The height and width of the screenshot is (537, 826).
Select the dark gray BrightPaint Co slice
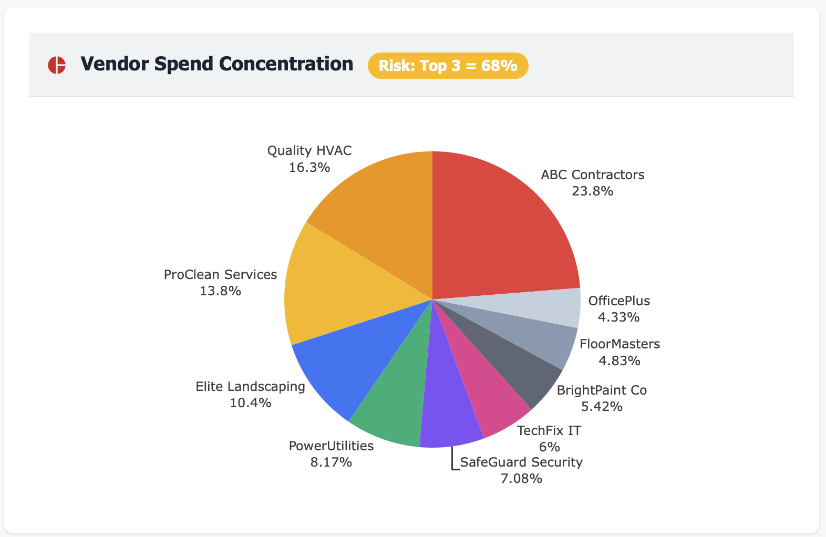(x=520, y=373)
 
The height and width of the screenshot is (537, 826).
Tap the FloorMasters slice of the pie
(x=546, y=342)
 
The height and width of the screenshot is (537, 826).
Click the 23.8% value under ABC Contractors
(x=592, y=191)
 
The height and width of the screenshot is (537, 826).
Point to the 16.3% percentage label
(x=309, y=168)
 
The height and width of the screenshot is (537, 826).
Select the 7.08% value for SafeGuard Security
(x=521, y=479)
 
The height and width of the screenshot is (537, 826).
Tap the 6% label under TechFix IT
(x=549, y=447)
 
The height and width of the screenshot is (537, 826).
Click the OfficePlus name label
(x=619, y=301)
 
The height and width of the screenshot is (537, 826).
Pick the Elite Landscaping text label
(x=250, y=387)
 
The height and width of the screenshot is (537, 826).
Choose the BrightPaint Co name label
(x=602, y=390)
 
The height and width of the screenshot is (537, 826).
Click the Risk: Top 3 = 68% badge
(x=448, y=66)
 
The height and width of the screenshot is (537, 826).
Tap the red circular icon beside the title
(x=57, y=65)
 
